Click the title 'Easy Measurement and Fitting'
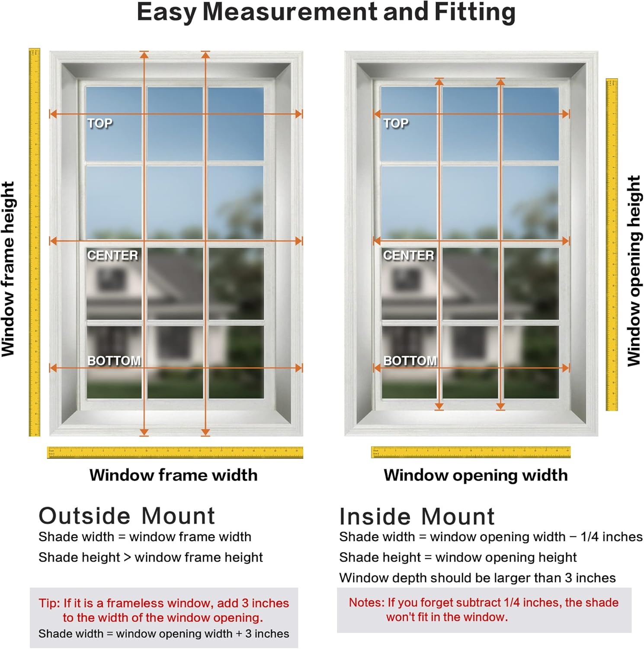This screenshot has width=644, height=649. click(x=326, y=12)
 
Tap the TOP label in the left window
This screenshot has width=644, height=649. click(x=100, y=123)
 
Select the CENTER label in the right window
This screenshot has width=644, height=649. click(x=408, y=255)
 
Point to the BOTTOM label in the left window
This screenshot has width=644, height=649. click(x=114, y=360)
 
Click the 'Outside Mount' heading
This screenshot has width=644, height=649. click(x=127, y=516)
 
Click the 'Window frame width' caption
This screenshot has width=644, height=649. click(x=173, y=475)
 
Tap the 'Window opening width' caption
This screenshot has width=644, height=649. click(x=475, y=475)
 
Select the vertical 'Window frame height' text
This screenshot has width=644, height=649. click(x=8, y=269)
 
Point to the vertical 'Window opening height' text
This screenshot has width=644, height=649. click(x=634, y=270)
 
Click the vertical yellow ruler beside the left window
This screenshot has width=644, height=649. click(x=34, y=242)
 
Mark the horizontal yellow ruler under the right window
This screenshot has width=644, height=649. click(x=471, y=452)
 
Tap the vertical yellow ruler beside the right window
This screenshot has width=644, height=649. click(x=612, y=244)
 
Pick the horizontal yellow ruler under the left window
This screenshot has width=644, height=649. click(x=175, y=452)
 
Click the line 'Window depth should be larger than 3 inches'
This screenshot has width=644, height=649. click(x=477, y=578)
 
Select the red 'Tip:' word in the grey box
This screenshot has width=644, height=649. click(x=49, y=603)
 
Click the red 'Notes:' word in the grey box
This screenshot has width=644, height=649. click(x=366, y=602)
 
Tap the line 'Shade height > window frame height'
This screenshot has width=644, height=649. click(x=151, y=557)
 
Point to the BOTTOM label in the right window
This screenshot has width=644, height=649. click(x=410, y=360)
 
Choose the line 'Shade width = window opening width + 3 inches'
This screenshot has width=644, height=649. click(x=163, y=633)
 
